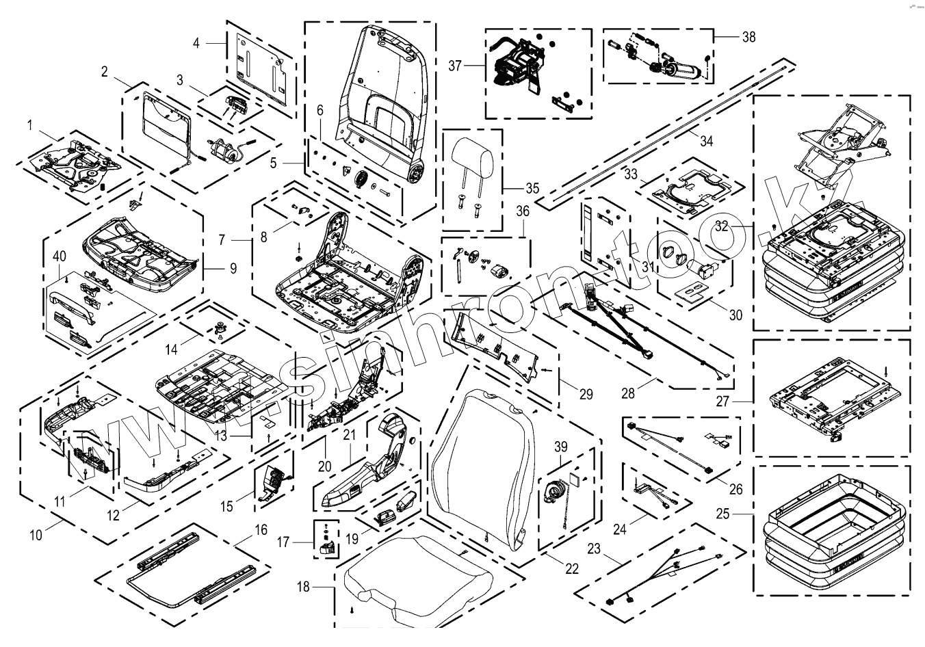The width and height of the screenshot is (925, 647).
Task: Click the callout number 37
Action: click(x=456, y=66)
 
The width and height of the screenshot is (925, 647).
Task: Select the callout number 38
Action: click(x=749, y=37)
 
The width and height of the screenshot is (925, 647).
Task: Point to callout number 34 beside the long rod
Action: click(x=707, y=141)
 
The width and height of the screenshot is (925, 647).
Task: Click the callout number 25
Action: click(x=743, y=512)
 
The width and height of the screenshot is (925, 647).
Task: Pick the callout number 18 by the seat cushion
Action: click(x=304, y=586)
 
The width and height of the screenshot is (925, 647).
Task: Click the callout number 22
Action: click(x=571, y=568)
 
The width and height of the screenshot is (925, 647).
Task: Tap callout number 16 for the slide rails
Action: click(x=261, y=529)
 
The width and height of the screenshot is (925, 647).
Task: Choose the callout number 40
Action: click(x=60, y=256)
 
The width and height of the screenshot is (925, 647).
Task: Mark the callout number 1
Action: click(x=29, y=124)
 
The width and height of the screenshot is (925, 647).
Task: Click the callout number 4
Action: click(x=196, y=43)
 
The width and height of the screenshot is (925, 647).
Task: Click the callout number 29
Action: click(x=586, y=394)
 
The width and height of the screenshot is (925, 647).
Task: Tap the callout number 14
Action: click(x=171, y=349)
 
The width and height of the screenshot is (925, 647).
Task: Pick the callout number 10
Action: click(x=36, y=535)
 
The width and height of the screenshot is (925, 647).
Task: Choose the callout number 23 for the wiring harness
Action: click(x=594, y=548)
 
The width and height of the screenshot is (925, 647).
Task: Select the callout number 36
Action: click(x=523, y=211)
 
